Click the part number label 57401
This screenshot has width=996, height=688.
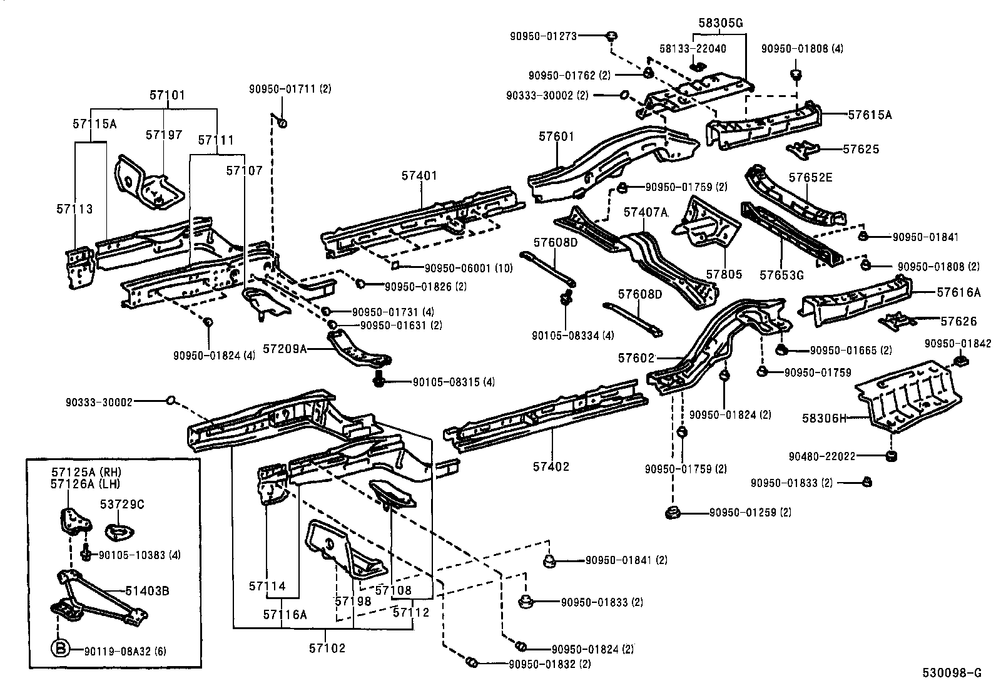pyautogui.click(x=419, y=177)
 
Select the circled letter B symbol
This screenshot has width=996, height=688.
pyautogui.click(x=58, y=650)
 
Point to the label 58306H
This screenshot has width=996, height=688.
pyautogui.click(x=824, y=418)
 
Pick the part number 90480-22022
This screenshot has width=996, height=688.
pyautogui.click(x=821, y=457)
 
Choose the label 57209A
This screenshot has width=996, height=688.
pyautogui.click(x=285, y=348)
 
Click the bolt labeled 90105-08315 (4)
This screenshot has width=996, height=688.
pyautogui.click(x=379, y=379)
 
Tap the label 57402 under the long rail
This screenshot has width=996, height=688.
pyautogui.click(x=551, y=466)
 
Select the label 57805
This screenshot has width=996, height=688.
pyautogui.click(x=724, y=274)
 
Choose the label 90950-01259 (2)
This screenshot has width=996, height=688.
pyautogui.click(x=750, y=512)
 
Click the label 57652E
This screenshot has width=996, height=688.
pyautogui.click(x=810, y=177)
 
